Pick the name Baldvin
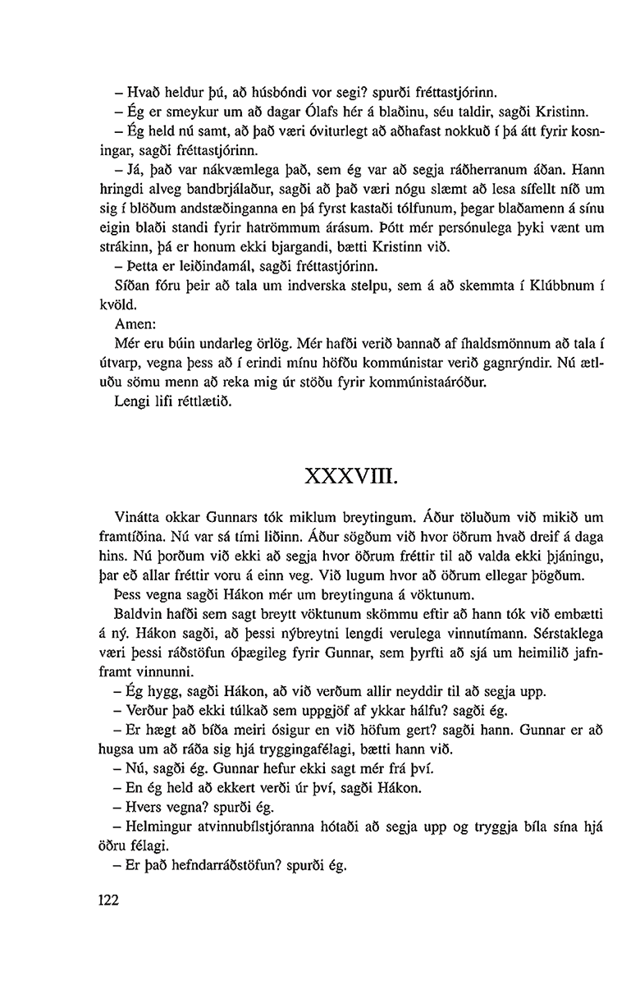[143, 616]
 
